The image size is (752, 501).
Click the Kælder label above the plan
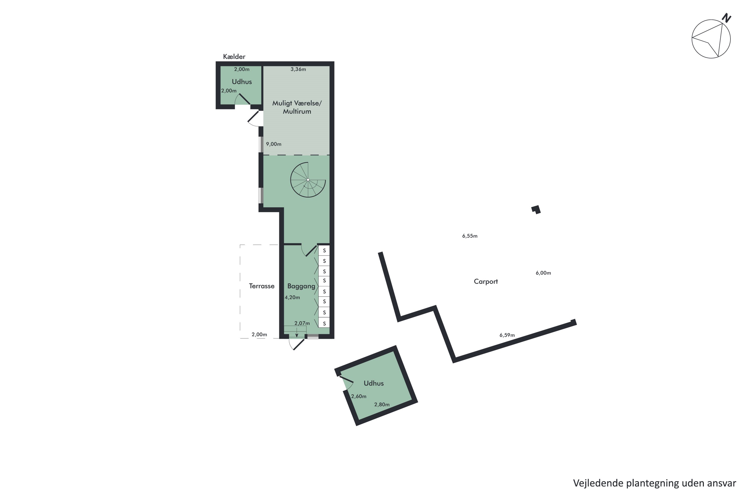coord(234,57)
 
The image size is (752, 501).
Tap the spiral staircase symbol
coord(308,180)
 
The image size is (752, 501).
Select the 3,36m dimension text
coord(298,69)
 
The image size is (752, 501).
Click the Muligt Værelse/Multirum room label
coord(297,107)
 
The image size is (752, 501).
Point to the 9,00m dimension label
coord(274,144)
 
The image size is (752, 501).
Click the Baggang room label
coord(301,286)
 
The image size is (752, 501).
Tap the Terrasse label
coord(261,286)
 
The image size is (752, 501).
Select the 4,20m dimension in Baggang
coord(292,298)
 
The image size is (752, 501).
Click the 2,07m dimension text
coord(302,323)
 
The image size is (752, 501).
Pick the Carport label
coord(486,282)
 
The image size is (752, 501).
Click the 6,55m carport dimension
coord(470,236)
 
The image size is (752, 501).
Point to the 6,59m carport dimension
coord(507,335)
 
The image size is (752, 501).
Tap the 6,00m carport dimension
coord(543,273)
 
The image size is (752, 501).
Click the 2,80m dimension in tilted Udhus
coord(382,405)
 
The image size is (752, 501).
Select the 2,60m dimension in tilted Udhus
coord(358,397)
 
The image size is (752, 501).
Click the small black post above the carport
coord(536,210)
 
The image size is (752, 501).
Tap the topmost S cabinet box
coord(324,250)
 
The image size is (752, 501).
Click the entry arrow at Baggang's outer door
coord(297,333)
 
